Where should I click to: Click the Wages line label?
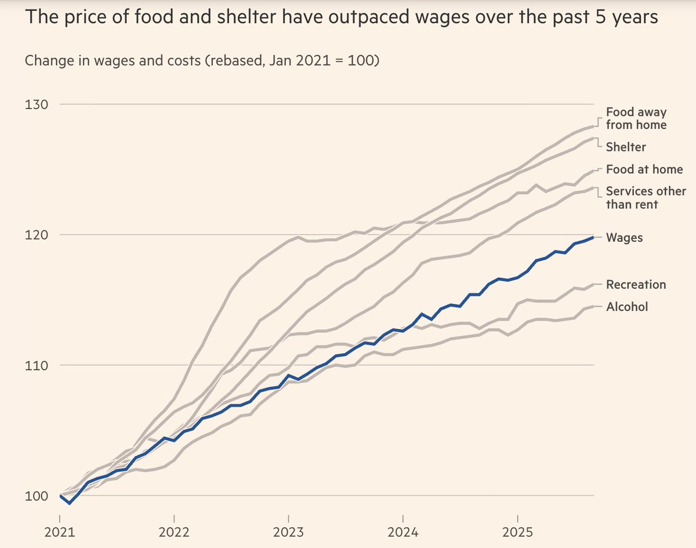click(x=624, y=237)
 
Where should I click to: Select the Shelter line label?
click(x=625, y=147)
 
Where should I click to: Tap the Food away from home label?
click(x=636, y=118)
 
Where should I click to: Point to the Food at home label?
click(x=644, y=170)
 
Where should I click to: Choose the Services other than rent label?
click(x=646, y=197)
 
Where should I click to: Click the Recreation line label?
click(x=636, y=284)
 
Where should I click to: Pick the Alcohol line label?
click(x=626, y=307)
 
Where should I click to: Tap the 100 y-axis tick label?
click(x=37, y=496)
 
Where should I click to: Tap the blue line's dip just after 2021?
click(x=70, y=503)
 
